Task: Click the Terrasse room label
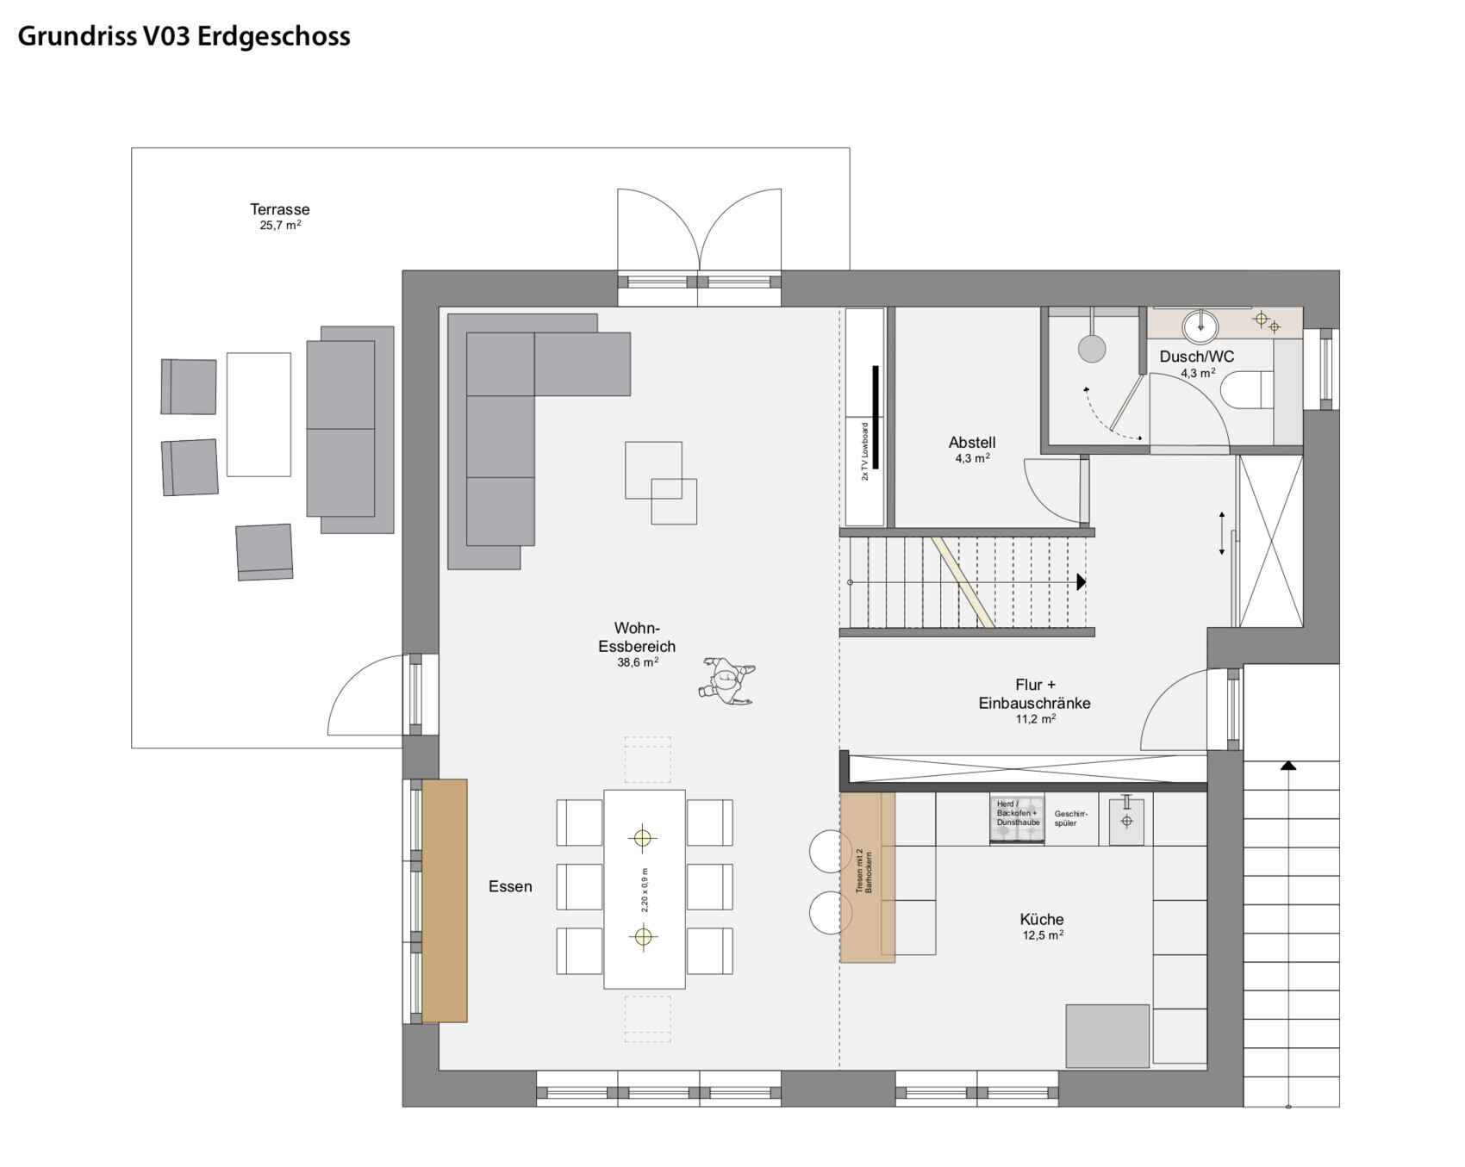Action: point(279,209)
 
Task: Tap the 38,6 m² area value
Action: point(638,662)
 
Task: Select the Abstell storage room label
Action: point(972,443)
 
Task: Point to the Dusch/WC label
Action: point(1196,357)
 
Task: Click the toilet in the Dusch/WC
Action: point(1247,390)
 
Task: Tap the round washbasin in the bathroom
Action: point(1200,326)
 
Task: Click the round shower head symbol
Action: point(1092,349)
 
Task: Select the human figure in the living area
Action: point(728,681)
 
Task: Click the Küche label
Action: point(1042,919)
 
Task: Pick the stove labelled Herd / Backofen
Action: point(1017,818)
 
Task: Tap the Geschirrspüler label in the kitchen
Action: point(1071,818)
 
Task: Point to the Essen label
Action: point(510,886)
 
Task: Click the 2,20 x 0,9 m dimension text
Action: point(645,890)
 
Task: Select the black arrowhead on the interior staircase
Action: point(1082,582)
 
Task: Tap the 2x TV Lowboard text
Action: point(865,450)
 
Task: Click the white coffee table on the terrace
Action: point(259,414)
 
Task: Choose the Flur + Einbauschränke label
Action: point(1034,694)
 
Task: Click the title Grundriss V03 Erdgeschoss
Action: point(184,36)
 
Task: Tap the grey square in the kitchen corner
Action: point(1107,1036)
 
